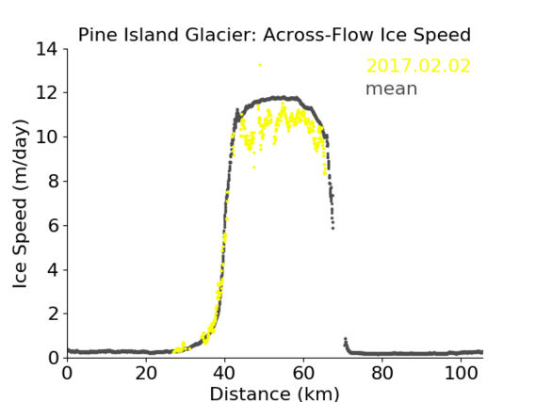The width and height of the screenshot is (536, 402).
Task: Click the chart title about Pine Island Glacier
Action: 274,35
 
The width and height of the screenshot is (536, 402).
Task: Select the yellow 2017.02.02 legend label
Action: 418,66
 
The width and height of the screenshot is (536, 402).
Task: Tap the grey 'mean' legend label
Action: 392,88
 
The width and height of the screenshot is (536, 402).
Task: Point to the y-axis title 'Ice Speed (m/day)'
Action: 20,204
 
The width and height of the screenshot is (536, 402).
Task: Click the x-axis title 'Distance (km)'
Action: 274,394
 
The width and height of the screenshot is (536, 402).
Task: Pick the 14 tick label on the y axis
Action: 47,49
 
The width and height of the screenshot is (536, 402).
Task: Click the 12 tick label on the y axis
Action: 47,93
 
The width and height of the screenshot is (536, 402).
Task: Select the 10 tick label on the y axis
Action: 47,137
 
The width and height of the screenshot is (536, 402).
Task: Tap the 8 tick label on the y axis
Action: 53,182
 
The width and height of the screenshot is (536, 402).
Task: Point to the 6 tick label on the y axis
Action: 53,226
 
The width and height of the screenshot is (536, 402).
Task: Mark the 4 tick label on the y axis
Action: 53,270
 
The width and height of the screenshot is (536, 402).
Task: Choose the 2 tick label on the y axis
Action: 53,314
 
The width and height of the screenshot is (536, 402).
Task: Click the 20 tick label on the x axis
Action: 146,374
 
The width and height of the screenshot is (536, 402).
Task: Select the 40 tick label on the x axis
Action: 224,374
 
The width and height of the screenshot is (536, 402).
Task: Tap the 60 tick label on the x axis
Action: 303,374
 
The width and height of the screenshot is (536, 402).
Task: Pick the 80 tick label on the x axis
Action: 382,374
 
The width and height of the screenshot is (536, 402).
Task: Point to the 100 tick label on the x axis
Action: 461,374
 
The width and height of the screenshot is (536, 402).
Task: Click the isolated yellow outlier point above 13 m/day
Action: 260,65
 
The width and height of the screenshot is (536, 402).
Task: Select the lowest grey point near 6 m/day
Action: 333,228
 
